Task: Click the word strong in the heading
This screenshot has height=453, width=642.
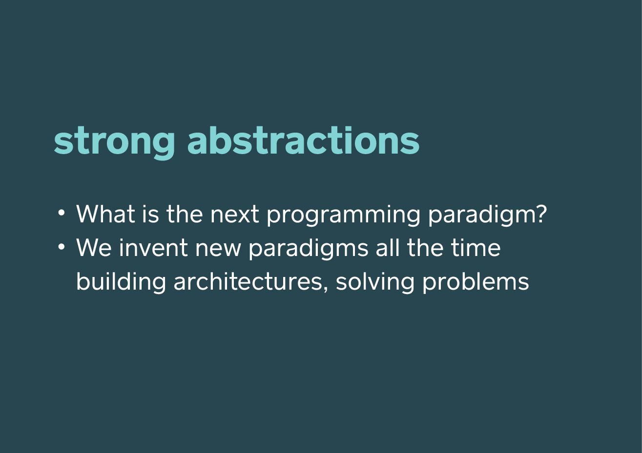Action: (114, 142)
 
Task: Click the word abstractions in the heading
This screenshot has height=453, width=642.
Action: (303, 140)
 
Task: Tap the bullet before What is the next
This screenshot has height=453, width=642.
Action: (61, 213)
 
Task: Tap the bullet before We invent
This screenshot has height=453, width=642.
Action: (61, 246)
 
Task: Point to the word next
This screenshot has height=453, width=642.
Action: (235, 214)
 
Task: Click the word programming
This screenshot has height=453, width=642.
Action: (343, 216)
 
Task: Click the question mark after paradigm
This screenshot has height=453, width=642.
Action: (542, 213)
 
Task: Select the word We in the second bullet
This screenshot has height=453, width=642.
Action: (94, 247)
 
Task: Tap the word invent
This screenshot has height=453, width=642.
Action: (154, 247)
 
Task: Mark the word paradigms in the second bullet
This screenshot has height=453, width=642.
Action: (309, 249)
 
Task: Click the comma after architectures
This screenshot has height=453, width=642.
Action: (325, 289)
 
